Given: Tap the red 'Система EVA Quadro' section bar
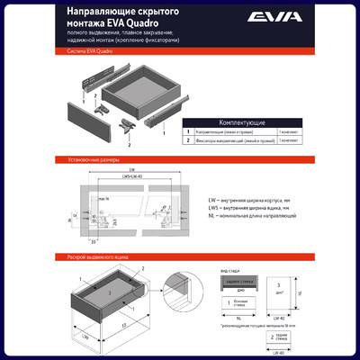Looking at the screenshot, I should click(x=180, y=53).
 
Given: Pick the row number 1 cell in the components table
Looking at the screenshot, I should click(x=188, y=131).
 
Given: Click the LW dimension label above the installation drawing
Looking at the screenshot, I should click(x=132, y=169).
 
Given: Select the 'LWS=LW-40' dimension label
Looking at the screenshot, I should click(x=132, y=176).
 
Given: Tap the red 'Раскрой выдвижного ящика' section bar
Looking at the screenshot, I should click(x=180, y=256).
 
